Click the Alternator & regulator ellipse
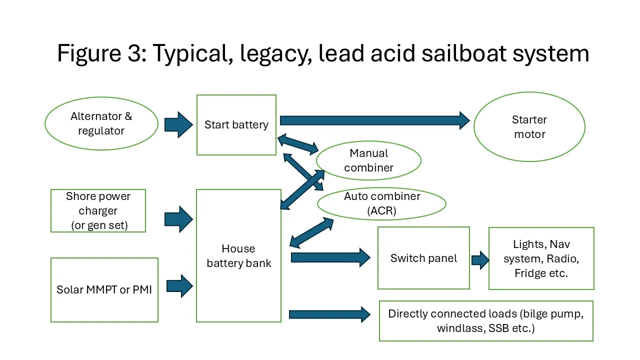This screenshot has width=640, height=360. (x=101, y=123)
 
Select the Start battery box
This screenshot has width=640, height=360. (x=236, y=125)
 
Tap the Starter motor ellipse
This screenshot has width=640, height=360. (x=529, y=127)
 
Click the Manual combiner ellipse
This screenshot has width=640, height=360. (x=369, y=160)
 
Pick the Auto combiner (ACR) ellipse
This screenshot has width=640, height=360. (x=382, y=203)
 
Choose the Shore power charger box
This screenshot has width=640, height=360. (x=98, y=210)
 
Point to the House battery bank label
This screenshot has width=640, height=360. (x=238, y=256)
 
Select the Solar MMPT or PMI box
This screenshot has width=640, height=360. (x=104, y=290)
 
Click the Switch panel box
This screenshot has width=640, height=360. (x=423, y=258)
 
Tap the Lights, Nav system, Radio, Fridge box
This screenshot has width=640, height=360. (x=541, y=258)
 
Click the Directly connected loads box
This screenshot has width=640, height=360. (x=486, y=321)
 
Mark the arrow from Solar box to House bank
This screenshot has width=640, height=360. (x=179, y=286)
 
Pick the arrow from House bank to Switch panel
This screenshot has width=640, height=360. (x=330, y=258)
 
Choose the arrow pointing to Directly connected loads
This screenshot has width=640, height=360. (x=329, y=314)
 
